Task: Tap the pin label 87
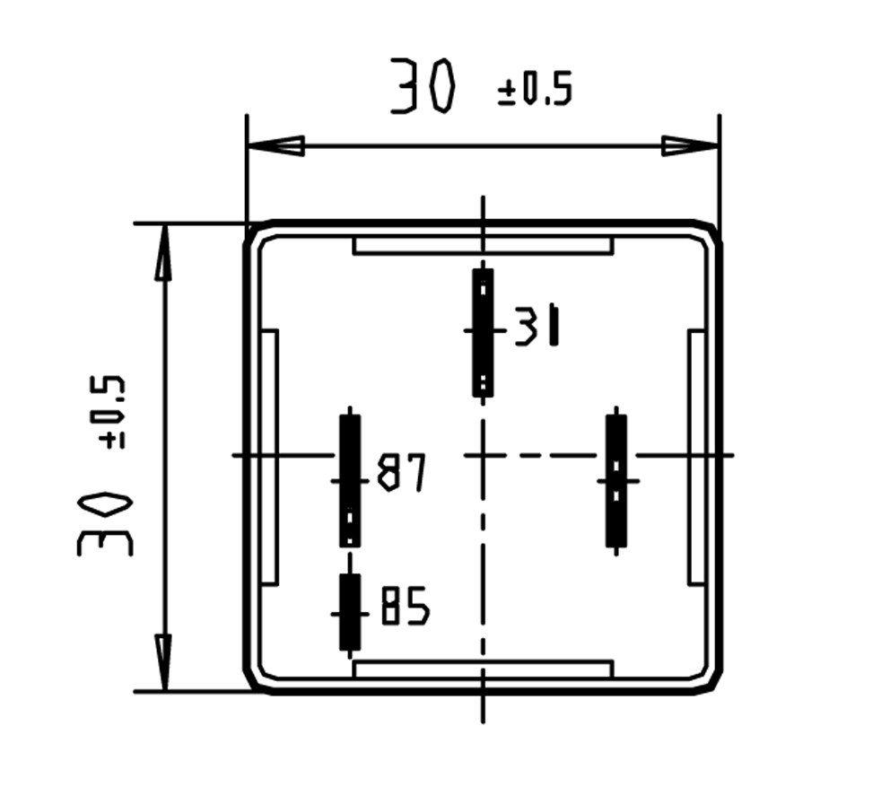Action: (x=401, y=472)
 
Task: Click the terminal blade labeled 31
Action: (x=483, y=333)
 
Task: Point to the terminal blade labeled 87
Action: (x=350, y=481)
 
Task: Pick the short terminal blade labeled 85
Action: (x=350, y=612)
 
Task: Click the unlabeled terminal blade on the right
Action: (x=616, y=481)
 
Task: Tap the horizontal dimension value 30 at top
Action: (x=423, y=85)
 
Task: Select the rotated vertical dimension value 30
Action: (x=104, y=524)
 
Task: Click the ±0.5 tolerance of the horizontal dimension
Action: (x=535, y=90)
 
